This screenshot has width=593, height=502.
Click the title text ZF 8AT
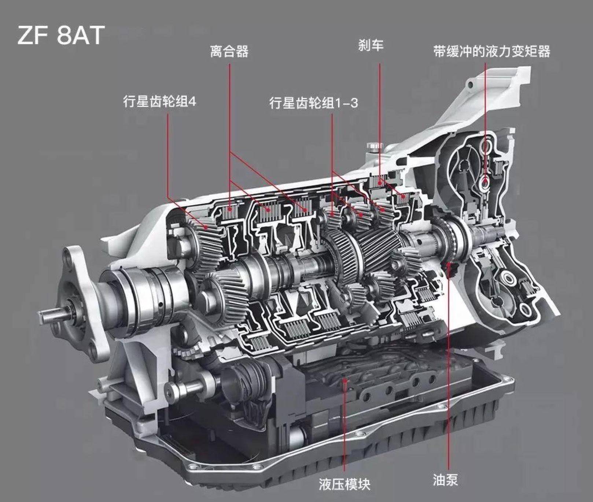point(61,35)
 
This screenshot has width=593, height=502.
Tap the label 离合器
point(229,51)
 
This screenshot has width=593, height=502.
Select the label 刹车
point(371,45)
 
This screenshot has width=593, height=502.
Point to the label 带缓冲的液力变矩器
point(491,51)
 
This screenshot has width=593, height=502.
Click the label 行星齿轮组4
point(160,101)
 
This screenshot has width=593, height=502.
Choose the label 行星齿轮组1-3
point(313,103)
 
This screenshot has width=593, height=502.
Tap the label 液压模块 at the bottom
point(345,484)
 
